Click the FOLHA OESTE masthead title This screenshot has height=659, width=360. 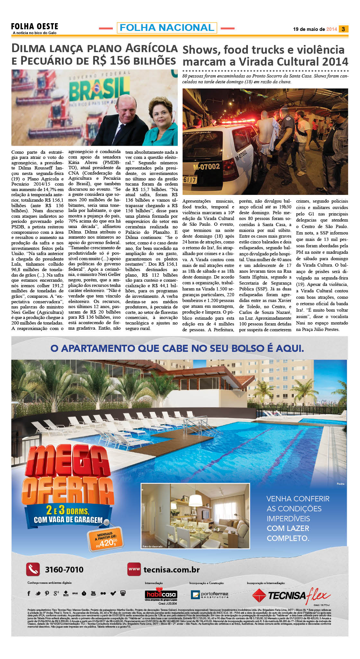click(34, 26)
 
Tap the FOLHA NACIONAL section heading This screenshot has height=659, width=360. click(167, 28)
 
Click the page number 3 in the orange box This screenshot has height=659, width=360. click(343, 29)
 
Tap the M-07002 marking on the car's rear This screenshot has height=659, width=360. click(206, 166)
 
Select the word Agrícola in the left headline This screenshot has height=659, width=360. click(151, 48)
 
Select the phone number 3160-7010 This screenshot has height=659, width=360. click(64, 570)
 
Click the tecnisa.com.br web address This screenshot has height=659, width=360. click(171, 570)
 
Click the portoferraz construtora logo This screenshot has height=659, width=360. click(210, 595)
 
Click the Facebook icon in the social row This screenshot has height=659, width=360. click(29, 593)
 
